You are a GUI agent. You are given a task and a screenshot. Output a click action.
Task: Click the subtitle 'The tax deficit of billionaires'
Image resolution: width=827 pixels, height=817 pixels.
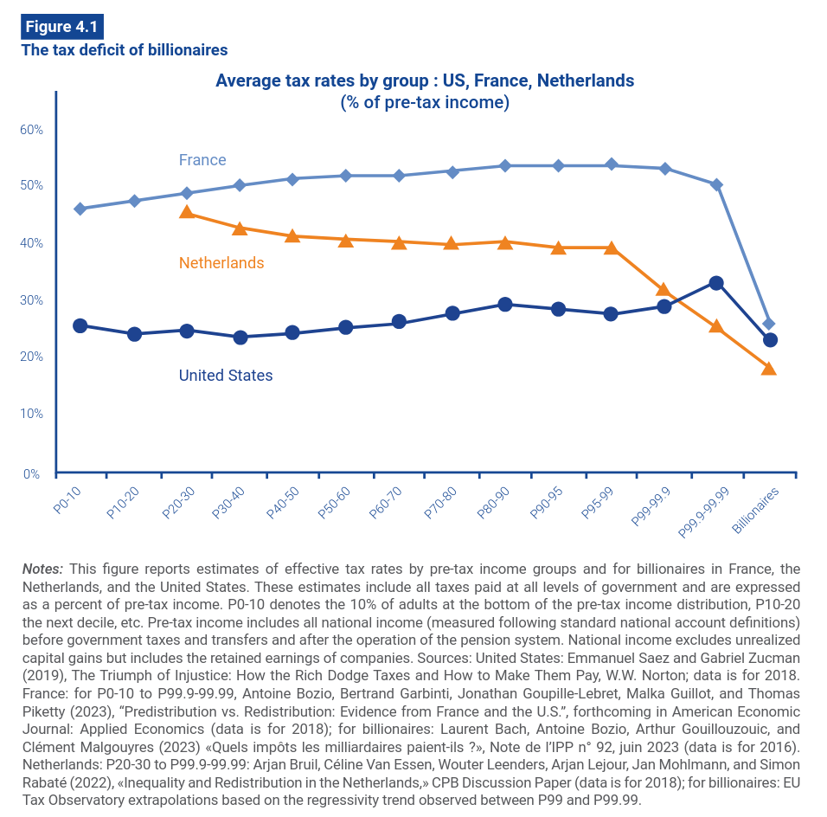(124, 50)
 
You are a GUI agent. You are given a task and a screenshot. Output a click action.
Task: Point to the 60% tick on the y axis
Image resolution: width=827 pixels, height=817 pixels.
(32, 130)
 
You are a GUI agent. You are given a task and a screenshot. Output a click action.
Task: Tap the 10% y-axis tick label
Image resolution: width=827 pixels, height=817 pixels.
(32, 414)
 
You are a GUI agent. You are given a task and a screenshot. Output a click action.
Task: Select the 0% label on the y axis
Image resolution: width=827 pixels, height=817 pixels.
(32, 473)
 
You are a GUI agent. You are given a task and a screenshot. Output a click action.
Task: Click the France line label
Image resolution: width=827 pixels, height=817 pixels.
(202, 160)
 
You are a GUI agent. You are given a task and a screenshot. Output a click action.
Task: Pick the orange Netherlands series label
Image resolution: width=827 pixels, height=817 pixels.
(221, 263)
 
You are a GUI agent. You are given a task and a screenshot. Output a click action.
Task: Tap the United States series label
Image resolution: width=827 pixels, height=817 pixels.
(226, 376)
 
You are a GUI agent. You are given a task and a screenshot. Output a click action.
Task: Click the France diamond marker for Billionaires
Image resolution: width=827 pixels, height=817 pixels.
(769, 324)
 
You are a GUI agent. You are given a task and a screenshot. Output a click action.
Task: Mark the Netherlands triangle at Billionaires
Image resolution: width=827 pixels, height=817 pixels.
(769, 369)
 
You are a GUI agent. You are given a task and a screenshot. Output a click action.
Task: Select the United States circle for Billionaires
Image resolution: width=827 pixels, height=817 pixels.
(769, 340)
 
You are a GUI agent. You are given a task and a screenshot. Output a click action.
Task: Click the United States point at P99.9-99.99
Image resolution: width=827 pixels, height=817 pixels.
(716, 283)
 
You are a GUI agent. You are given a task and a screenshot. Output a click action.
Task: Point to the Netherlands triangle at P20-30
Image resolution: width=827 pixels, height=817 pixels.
(187, 212)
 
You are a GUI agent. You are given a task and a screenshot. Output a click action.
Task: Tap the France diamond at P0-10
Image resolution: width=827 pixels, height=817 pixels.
(80, 209)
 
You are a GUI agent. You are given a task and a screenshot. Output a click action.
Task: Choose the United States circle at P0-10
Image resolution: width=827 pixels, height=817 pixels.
(80, 325)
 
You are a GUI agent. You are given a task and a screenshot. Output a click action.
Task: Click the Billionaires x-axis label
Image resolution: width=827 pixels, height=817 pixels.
(754, 511)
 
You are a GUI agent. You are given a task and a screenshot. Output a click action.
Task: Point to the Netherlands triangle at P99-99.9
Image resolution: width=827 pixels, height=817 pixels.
(664, 290)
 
